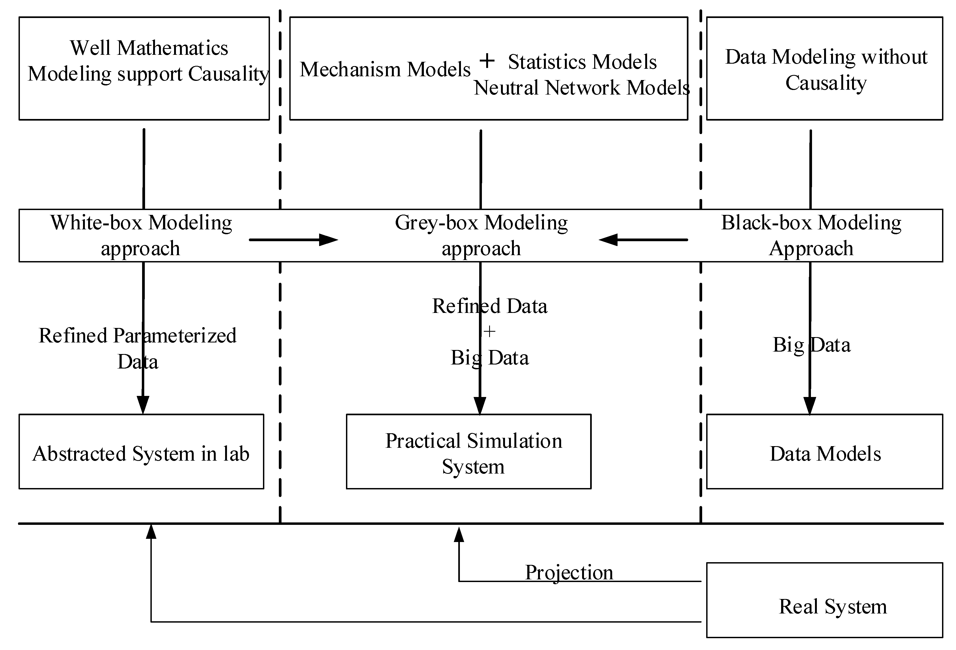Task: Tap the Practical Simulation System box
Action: click(468, 451)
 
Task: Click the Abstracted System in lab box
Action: click(141, 451)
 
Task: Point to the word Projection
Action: click(569, 572)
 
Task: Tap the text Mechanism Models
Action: click(385, 69)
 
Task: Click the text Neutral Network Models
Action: click(581, 88)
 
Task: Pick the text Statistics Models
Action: click(582, 62)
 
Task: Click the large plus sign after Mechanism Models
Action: click(487, 61)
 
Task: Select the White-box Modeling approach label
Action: click(141, 235)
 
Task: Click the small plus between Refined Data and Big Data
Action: click(489, 331)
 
